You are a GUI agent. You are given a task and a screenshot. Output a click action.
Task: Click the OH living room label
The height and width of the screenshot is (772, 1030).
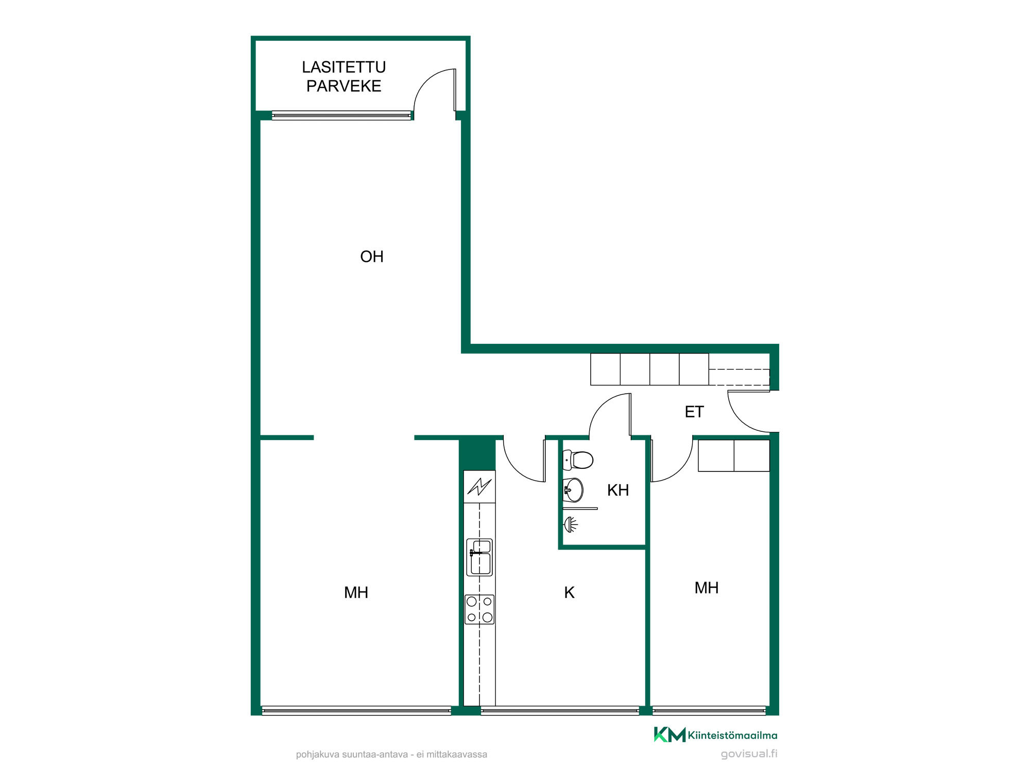click(372, 256)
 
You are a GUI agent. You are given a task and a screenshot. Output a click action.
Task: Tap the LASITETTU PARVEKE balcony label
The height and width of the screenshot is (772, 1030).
click(344, 76)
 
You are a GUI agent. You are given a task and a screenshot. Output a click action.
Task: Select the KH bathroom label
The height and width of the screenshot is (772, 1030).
click(618, 490)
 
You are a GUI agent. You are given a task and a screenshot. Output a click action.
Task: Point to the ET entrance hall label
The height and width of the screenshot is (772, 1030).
click(694, 412)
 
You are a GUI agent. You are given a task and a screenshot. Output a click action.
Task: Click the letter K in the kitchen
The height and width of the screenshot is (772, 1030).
click(569, 592)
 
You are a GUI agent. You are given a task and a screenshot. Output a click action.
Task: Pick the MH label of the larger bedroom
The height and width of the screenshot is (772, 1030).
click(356, 592)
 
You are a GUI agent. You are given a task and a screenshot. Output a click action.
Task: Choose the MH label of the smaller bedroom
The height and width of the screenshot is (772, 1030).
click(707, 588)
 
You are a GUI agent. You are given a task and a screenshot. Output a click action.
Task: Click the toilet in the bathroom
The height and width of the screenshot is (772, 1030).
click(578, 460)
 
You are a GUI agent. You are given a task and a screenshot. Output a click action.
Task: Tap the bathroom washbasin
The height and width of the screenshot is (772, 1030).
click(573, 489)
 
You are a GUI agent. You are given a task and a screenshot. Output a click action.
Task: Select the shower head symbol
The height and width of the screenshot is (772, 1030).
click(571, 525)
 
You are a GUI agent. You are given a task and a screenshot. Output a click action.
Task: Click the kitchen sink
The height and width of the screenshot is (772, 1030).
click(479, 557)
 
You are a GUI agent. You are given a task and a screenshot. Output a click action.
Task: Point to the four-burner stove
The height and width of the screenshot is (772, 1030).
click(479, 609)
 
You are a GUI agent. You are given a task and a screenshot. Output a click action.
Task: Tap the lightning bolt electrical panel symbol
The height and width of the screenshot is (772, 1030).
click(479, 486)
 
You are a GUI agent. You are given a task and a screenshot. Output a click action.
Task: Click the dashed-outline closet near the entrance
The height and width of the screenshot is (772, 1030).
click(739, 377)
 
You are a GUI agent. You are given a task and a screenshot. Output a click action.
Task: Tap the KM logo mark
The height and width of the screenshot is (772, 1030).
click(669, 734)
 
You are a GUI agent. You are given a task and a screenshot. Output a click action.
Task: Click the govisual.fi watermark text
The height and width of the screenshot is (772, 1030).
click(749, 754)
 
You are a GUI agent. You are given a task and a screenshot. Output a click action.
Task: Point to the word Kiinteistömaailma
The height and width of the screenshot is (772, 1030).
click(733, 735)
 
